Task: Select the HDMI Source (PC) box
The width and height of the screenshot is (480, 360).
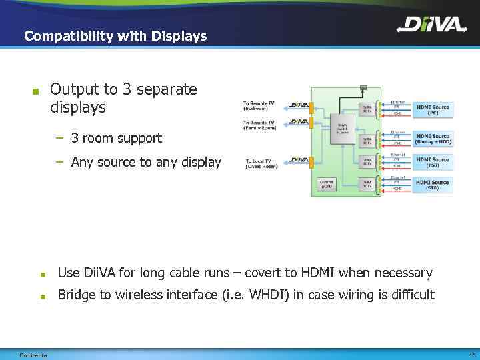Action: [x=433, y=110]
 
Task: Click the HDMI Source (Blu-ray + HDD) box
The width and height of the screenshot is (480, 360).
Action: [x=433, y=138]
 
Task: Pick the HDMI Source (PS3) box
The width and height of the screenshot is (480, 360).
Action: [x=433, y=163]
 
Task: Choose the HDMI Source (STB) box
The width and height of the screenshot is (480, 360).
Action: [x=433, y=185]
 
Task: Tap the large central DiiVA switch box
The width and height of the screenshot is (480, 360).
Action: [x=342, y=129]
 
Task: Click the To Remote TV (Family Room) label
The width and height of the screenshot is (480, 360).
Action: [x=259, y=125]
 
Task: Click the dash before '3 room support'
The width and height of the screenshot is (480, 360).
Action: [x=60, y=139]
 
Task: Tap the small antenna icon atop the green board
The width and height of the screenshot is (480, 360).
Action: [x=363, y=87]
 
